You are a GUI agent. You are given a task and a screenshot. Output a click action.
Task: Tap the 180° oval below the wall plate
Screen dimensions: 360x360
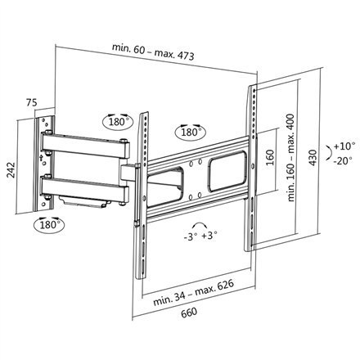click(47, 223)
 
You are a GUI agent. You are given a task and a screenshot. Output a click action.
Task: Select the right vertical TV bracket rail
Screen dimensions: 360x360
click(250, 164)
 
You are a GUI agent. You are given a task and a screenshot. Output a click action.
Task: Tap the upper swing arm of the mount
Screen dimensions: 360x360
click(86, 148)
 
